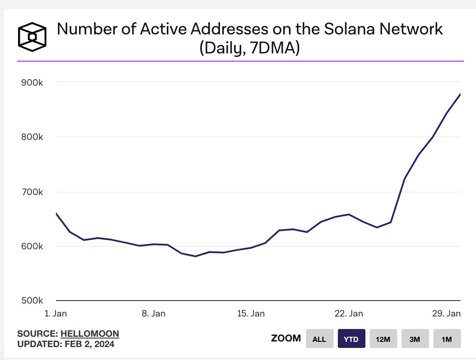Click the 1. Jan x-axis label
[56, 313]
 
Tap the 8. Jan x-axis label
[153, 313]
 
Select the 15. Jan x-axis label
[251, 313]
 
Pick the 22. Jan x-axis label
[349, 313]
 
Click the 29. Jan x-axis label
[446, 313]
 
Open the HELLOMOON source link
[90, 334]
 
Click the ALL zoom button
[319, 339]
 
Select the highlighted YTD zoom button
[351, 339]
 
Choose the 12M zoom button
[383, 339]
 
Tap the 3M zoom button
[415, 339]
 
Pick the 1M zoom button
[447, 339]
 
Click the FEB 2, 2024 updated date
[90, 344]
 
